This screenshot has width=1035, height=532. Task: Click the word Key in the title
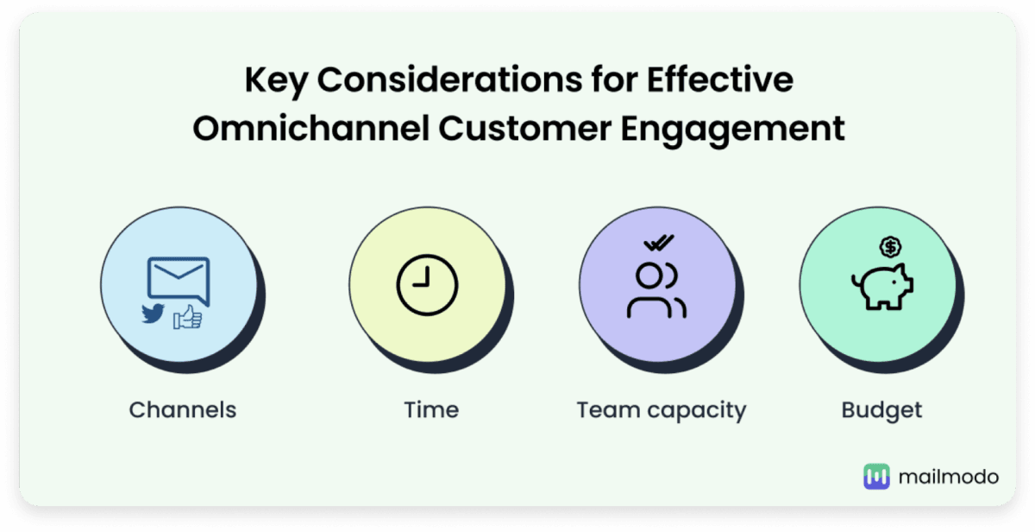point(277,81)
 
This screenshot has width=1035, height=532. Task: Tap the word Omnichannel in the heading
point(311,128)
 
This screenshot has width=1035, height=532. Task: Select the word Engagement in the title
point(733,130)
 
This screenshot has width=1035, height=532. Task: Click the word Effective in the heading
point(720,79)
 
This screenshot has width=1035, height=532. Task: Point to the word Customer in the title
point(525,129)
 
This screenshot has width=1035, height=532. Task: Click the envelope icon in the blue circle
point(179,281)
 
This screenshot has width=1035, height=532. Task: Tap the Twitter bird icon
point(153,313)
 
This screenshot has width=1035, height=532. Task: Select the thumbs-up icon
point(188,317)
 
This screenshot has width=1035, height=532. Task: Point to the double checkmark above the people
point(659,243)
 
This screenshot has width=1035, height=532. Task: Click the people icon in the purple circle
point(656,290)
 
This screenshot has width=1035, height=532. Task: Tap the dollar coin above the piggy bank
point(890,247)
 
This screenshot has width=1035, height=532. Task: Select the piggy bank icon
point(882,287)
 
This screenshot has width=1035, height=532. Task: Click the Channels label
point(183,410)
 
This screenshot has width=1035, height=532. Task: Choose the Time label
point(431,410)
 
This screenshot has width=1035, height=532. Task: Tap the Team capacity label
point(662,411)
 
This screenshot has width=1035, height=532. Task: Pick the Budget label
point(881,411)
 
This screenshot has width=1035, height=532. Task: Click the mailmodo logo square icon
point(876,477)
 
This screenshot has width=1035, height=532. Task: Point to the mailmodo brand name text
point(949,477)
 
